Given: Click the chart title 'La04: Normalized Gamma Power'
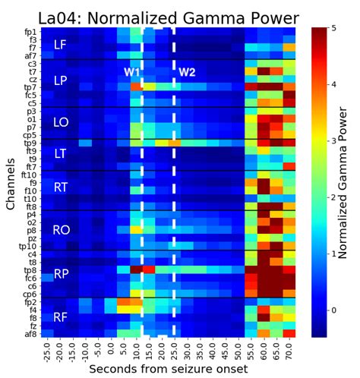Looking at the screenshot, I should (x=160, y=13).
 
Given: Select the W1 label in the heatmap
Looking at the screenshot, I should (x=131, y=72).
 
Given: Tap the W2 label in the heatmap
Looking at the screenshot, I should (x=187, y=72).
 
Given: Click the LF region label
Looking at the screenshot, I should (x=60, y=46).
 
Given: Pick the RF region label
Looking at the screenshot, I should (x=60, y=317).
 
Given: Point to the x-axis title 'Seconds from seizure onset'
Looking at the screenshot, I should (x=168, y=369).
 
